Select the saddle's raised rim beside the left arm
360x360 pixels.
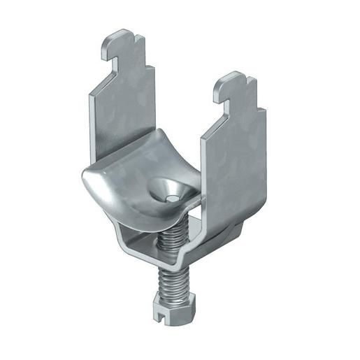148,139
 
